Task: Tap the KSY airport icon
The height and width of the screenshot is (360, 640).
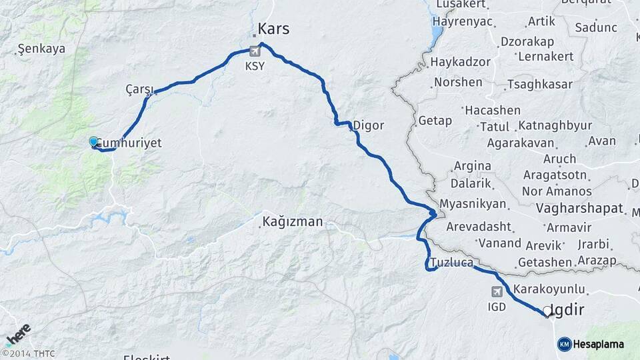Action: [254, 51]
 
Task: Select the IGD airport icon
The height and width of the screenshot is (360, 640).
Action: [497, 291]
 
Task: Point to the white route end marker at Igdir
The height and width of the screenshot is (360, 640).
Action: [547, 311]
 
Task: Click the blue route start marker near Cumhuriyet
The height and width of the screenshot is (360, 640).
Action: [93, 141]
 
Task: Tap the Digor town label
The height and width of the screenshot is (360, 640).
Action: [368, 125]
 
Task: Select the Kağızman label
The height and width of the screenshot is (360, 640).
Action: [293, 222]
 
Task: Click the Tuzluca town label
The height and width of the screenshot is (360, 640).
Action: [452, 262]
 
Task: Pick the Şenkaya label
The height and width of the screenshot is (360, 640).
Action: [41, 49]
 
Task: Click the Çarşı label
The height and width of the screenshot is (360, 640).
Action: [139, 89]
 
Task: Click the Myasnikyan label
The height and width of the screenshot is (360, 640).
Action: [473, 203]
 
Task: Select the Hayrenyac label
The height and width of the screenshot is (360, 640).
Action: [462, 21]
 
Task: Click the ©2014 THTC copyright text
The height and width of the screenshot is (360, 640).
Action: [28, 353]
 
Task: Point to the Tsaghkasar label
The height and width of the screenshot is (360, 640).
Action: [540, 85]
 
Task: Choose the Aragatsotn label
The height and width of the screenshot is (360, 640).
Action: [555, 175]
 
